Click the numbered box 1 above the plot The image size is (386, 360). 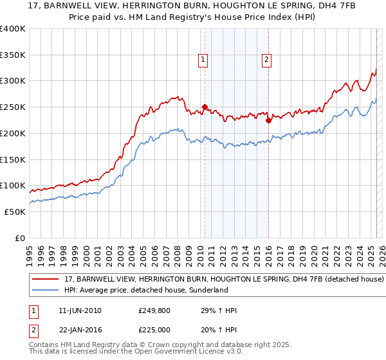click(203, 60)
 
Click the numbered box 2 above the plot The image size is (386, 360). click(266, 60)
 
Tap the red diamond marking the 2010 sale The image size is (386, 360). click(205, 107)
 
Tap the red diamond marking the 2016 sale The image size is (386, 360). click(268, 120)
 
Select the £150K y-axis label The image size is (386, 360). click(13, 159)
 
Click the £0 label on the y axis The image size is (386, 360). click(19, 238)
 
